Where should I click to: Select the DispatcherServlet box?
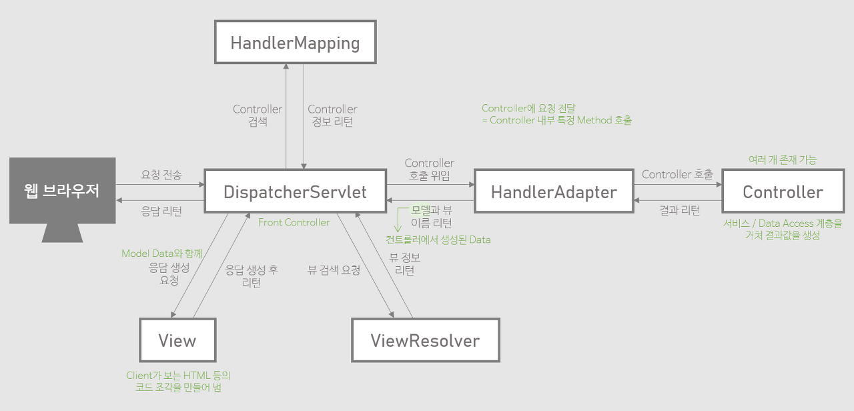(x=295, y=192)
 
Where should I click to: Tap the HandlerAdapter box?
(x=553, y=192)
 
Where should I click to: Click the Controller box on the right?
(x=783, y=192)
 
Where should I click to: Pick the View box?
(x=177, y=340)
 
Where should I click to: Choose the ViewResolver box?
(x=425, y=340)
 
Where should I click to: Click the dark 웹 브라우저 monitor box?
(x=62, y=190)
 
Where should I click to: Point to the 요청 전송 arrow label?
(x=161, y=175)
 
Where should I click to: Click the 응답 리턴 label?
(x=161, y=211)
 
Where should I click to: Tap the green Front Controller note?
(x=294, y=222)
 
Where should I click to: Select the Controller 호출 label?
(x=677, y=175)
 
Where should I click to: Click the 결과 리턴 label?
(x=680, y=211)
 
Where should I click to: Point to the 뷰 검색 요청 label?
(x=334, y=270)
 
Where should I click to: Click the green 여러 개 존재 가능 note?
(x=782, y=160)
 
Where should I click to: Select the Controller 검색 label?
(x=258, y=115)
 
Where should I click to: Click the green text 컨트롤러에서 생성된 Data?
(x=438, y=240)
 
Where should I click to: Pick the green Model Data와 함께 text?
(x=161, y=254)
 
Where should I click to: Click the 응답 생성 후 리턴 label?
(x=251, y=276)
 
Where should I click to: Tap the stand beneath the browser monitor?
(x=62, y=233)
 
